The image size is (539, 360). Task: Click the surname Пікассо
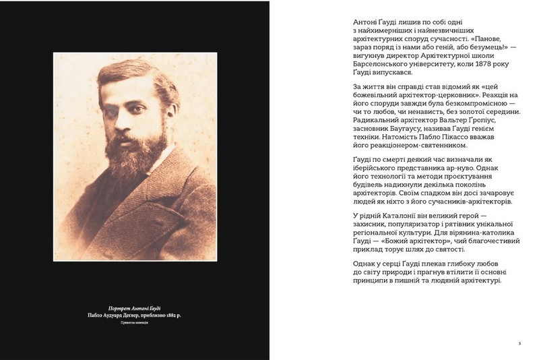[x=462, y=137]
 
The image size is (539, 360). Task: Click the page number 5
[x=519, y=342]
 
